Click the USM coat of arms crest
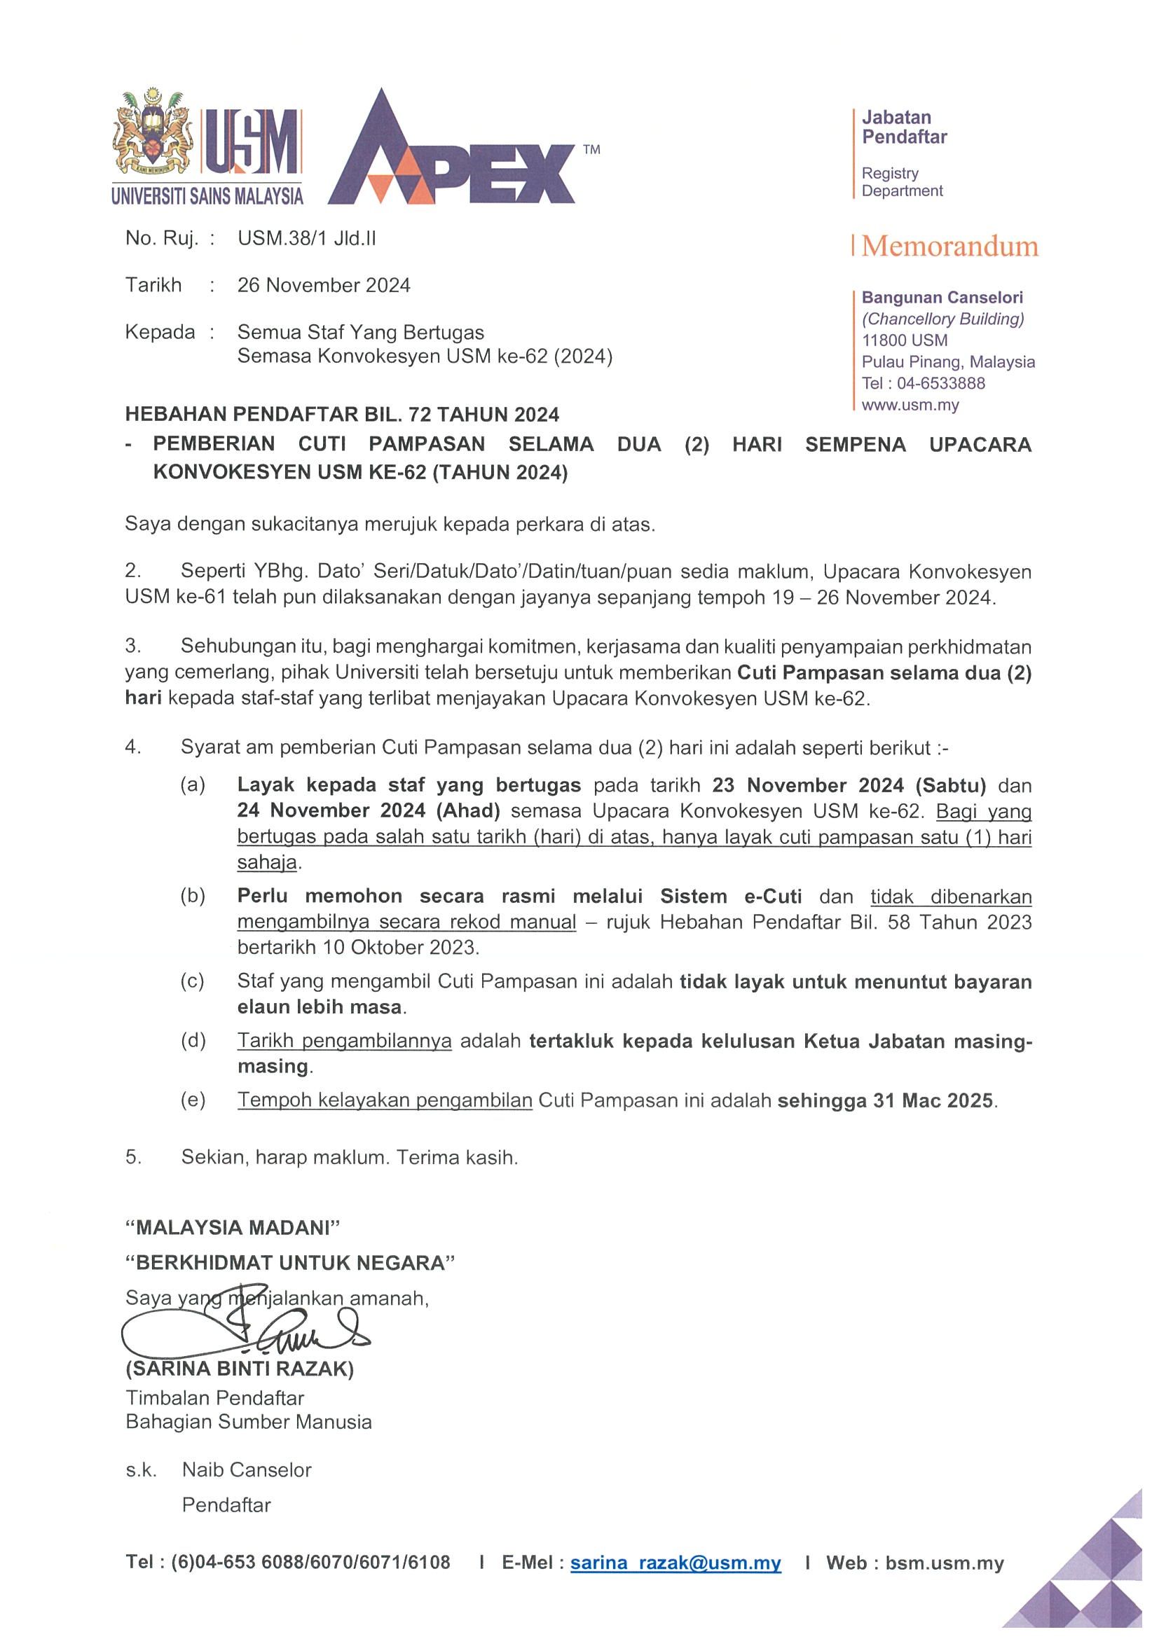pyautogui.click(x=153, y=136)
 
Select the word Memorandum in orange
pyautogui.click(x=949, y=247)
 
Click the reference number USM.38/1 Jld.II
pyautogui.click(x=306, y=238)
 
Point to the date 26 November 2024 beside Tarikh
pyautogui.click(x=324, y=286)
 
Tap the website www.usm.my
pyautogui.click(x=910, y=405)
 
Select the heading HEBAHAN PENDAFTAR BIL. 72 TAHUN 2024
pyautogui.click(x=342, y=414)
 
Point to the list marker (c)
pyautogui.click(x=192, y=981)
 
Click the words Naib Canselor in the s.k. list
pyautogui.click(x=247, y=1469)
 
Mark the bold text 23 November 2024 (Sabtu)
pyautogui.click(x=849, y=785)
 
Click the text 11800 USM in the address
pyautogui.click(x=905, y=340)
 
